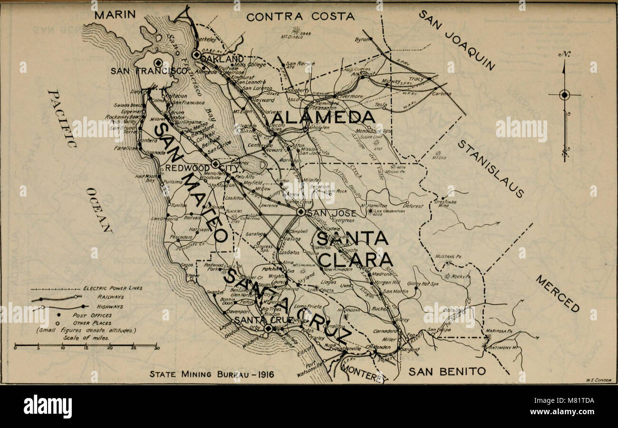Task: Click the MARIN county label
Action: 115,15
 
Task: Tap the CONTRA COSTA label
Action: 300,17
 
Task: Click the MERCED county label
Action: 557,293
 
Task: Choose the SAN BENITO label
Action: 447,371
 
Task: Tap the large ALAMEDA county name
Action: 324,117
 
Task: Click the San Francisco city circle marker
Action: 158,62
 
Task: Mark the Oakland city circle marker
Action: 196,55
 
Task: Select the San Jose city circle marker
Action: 300,212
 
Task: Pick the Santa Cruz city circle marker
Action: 268,328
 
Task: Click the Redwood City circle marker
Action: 215,164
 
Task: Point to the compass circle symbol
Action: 564,95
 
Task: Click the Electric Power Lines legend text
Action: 113,288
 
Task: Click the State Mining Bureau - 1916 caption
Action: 212,374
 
